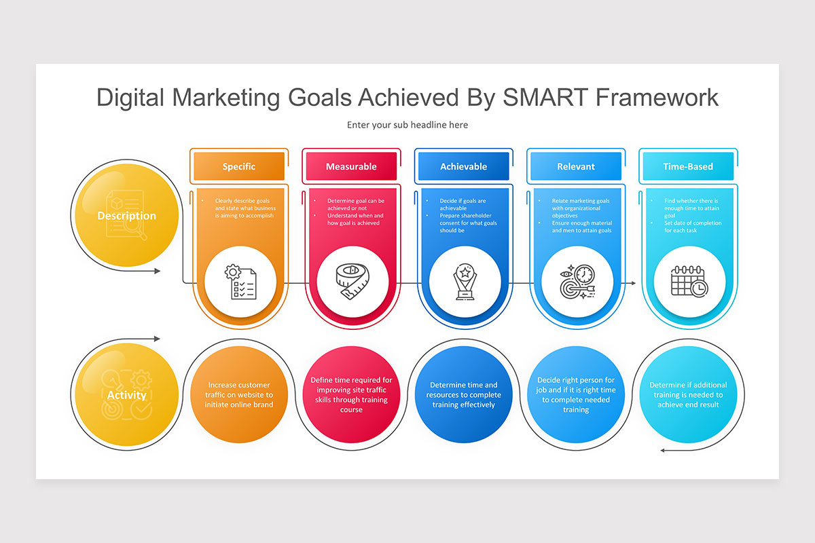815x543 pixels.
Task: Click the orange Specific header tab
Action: pos(239,166)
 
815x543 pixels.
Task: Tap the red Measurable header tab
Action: pos(351,166)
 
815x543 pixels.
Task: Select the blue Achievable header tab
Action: pos(463,166)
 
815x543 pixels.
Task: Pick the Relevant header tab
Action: pos(575,166)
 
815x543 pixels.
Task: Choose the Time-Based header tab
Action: pos(687,166)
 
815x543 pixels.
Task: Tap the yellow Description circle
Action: pos(126,216)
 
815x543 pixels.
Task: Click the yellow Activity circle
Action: pos(126,394)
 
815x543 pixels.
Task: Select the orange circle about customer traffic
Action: pos(239,394)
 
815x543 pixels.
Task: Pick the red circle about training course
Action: pos(351,394)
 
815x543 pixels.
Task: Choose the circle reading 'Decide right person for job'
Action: pos(576,394)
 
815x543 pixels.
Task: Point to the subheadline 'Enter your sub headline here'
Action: pos(407,125)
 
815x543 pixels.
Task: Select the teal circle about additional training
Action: pos(688,394)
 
